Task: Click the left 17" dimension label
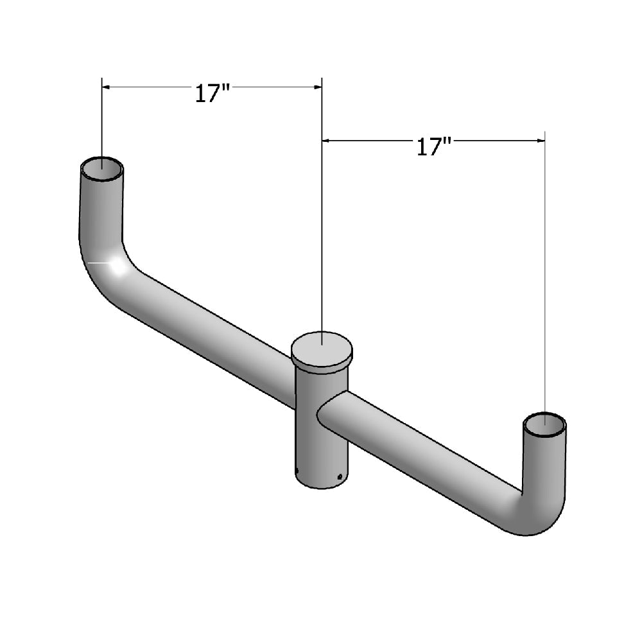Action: [213, 94]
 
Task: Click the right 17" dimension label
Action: [435, 147]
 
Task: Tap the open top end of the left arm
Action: [102, 169]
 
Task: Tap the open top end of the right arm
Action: [544, 424]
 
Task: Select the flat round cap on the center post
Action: [322, 350]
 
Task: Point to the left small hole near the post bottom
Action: [297, 473]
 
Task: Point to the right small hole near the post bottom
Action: [338, 477]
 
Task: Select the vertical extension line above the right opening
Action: [544, 276]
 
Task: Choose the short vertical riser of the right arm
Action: [544, 462]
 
